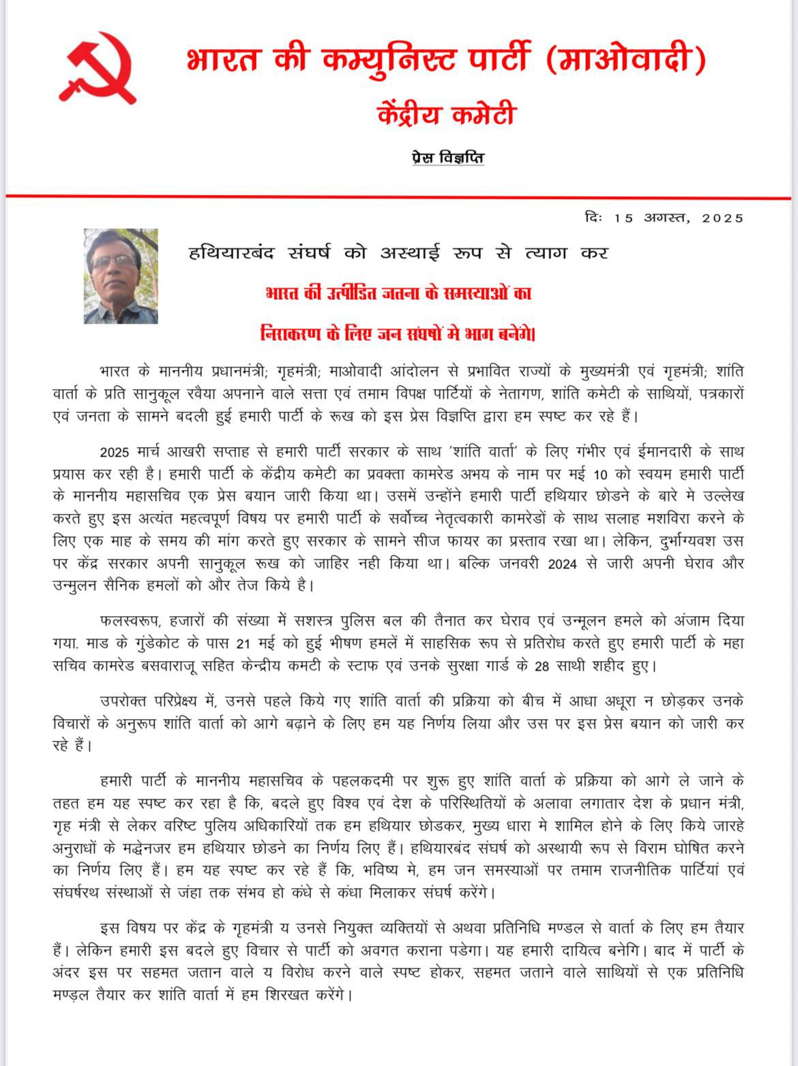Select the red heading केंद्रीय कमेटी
pos(447,115)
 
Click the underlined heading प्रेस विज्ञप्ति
pos(447,158)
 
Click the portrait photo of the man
pos(121,276)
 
